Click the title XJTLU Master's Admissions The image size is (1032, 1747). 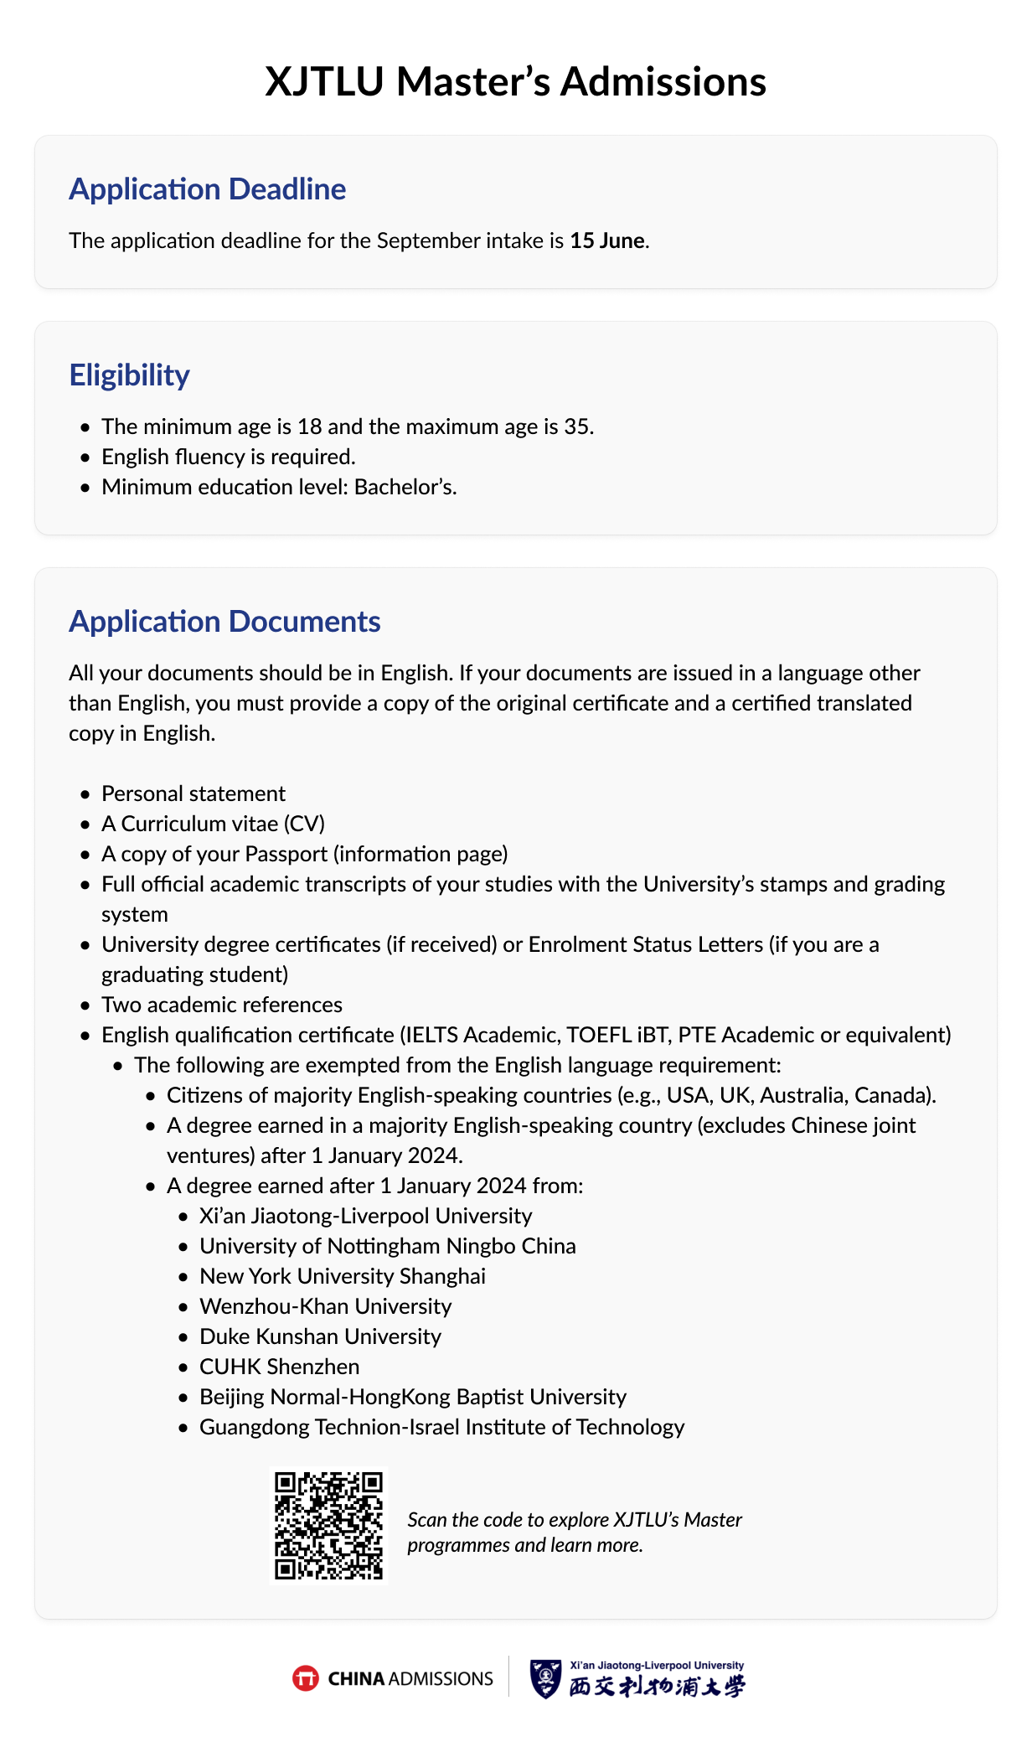click(x=515, y=82)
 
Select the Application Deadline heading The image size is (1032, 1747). click(x=207, y=189)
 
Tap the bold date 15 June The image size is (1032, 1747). click(x=607, y=240)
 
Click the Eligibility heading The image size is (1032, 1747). click(x=129, y=375)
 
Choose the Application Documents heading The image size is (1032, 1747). click(x=224, y=622)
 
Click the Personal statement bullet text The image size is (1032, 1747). click(x=193, y=793)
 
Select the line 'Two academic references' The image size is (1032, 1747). click(x=222, y=1005)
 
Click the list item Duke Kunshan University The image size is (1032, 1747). click(x=320, y=1336)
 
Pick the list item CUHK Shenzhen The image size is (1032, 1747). click(x=279, y=1367)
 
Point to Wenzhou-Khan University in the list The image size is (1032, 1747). click(x=325, y=1306)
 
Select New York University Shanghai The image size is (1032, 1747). click(x=343, y=1276)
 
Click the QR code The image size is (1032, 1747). click(x=328, y=1526)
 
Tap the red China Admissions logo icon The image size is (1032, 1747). click(x=306, y=1678)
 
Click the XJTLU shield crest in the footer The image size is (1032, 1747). click(x=545, y=1678)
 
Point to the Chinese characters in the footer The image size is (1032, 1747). click(x=657, y=1686)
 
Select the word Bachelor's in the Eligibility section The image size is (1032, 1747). click(x=405, y=487)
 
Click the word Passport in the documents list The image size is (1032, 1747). click(x=283, y=854)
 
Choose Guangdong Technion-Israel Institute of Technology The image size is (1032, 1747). click(x=441, y=1427)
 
